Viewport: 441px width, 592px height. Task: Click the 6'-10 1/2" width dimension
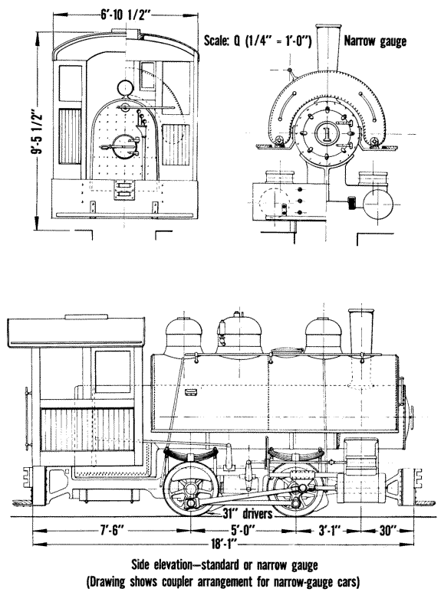[x=126, y=15]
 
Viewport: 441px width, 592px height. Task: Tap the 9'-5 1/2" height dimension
[x=37, y=132]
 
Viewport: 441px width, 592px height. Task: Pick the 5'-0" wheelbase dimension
[x=243, y=531]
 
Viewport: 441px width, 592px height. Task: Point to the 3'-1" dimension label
[x=329, y=531]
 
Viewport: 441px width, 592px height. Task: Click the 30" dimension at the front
[x=386, y=531]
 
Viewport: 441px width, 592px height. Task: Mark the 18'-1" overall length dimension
[x=223, y=545]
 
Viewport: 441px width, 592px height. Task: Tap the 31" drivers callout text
[x=248, y=513]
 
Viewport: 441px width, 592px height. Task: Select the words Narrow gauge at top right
[x=375, y=41]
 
